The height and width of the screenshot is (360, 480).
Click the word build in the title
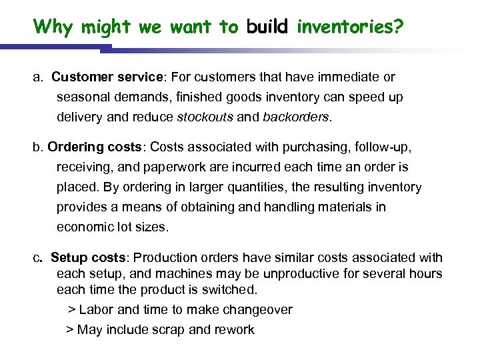click(x=267, y=27)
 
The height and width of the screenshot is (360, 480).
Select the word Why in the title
click(x=53, y=27)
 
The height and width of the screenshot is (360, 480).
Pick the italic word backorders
click(x=295, y=117)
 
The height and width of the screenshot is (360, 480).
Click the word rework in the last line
click(x=234, y=329)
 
